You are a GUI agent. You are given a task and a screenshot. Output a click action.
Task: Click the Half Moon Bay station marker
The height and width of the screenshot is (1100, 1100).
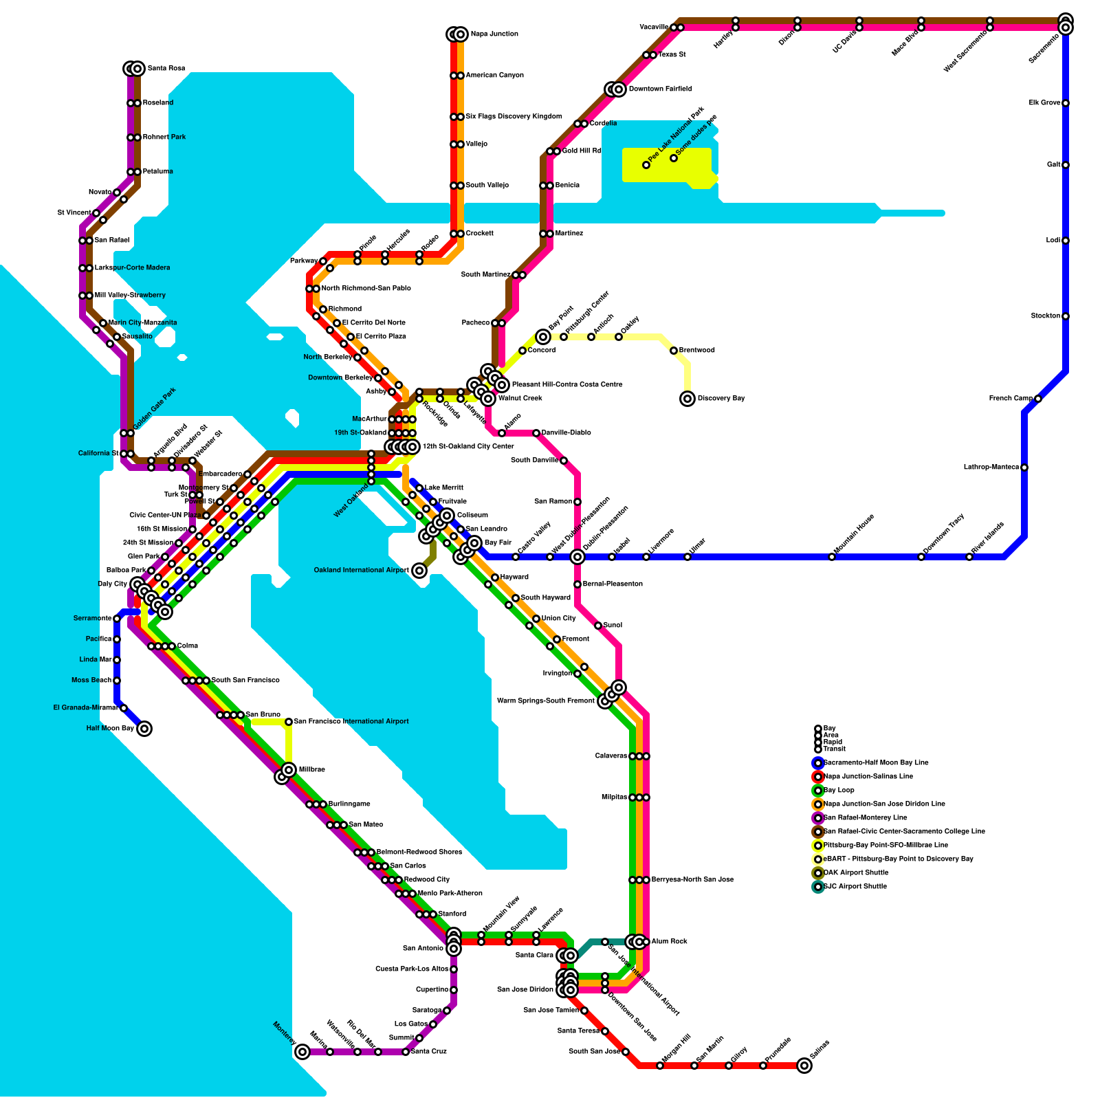144,729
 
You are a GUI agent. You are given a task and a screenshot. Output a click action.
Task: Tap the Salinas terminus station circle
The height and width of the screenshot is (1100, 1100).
804,1066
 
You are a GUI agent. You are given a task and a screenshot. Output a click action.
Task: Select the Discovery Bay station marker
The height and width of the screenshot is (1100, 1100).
687,399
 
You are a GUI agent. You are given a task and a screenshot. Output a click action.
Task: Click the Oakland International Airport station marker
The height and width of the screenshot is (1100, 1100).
419,571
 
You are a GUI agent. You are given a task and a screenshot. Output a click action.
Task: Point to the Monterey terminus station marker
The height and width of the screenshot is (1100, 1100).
302,1052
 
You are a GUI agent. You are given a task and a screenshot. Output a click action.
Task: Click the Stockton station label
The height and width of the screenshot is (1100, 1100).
1046,316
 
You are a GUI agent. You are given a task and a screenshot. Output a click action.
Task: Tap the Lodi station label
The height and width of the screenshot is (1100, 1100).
1053,241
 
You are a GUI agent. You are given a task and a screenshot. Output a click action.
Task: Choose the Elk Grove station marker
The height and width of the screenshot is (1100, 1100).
1066,103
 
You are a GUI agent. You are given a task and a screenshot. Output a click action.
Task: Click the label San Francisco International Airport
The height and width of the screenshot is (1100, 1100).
351,722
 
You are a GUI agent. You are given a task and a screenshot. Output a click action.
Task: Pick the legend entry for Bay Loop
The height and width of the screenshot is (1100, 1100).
839,791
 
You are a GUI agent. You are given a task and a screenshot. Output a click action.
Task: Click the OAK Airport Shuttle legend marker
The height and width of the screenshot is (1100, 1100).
818,873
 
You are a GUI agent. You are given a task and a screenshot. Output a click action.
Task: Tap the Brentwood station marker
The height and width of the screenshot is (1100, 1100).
674,351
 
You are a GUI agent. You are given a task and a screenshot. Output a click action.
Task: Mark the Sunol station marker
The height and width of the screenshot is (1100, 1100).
598,626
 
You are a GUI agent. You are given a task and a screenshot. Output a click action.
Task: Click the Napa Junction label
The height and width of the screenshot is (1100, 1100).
494,34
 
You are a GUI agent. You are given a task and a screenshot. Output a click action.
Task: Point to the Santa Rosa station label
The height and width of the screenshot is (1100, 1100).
166,69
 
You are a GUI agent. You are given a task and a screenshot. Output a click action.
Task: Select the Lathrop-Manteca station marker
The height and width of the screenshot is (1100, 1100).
1024,467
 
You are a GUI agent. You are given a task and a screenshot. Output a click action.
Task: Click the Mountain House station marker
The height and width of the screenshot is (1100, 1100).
832,557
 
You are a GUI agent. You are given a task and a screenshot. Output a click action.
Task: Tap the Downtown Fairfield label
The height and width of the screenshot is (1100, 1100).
660,89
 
